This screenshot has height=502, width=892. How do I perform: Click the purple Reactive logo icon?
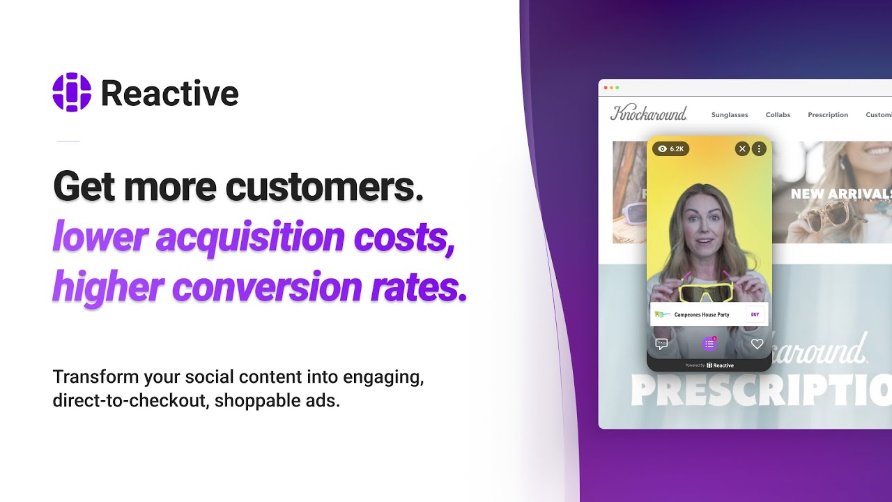point(72,92)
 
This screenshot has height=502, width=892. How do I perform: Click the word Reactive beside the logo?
point(169,93)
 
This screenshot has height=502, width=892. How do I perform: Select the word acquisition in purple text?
point(250,237)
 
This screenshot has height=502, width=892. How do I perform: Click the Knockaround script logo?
point(649,114)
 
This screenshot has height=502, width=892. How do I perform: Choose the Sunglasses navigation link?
point(730,115)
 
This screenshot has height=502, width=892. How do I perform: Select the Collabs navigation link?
point(778,115)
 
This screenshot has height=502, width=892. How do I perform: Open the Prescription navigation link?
point(828,115)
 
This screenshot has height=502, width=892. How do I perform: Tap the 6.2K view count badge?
point(670,149)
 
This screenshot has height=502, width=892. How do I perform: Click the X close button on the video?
point(742,149)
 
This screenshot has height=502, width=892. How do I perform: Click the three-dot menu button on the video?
point(759,149)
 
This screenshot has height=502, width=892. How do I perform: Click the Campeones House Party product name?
point(702,314)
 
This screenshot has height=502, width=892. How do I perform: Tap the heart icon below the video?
point(757,344)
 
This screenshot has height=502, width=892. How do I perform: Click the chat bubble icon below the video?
point(661,344)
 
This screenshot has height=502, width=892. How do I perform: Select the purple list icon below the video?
point(709,344)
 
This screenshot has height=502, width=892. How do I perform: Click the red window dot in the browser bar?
point(605,88)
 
